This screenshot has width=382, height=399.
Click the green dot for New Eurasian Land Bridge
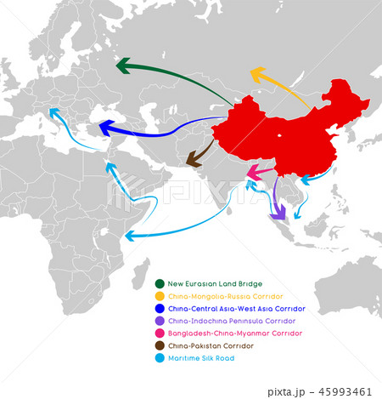click(x=159, y=283)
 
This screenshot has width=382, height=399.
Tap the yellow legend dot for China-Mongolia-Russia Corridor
click(x=159, y=295)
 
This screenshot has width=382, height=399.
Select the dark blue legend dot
click(x=159, y=308)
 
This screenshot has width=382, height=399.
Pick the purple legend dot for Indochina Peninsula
click(x=159, y=321)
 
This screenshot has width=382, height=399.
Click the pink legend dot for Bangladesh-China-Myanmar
click(x=159, y=333)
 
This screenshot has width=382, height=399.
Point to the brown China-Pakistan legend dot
click(x=159, y=345)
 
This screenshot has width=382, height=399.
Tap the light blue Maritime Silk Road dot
click(x=159, y=358)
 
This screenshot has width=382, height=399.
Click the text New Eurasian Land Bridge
click(x=215, y=283)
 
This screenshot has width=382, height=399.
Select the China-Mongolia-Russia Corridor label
click(x=219, y=295)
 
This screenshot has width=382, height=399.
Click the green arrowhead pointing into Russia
click(x=124, y=66)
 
